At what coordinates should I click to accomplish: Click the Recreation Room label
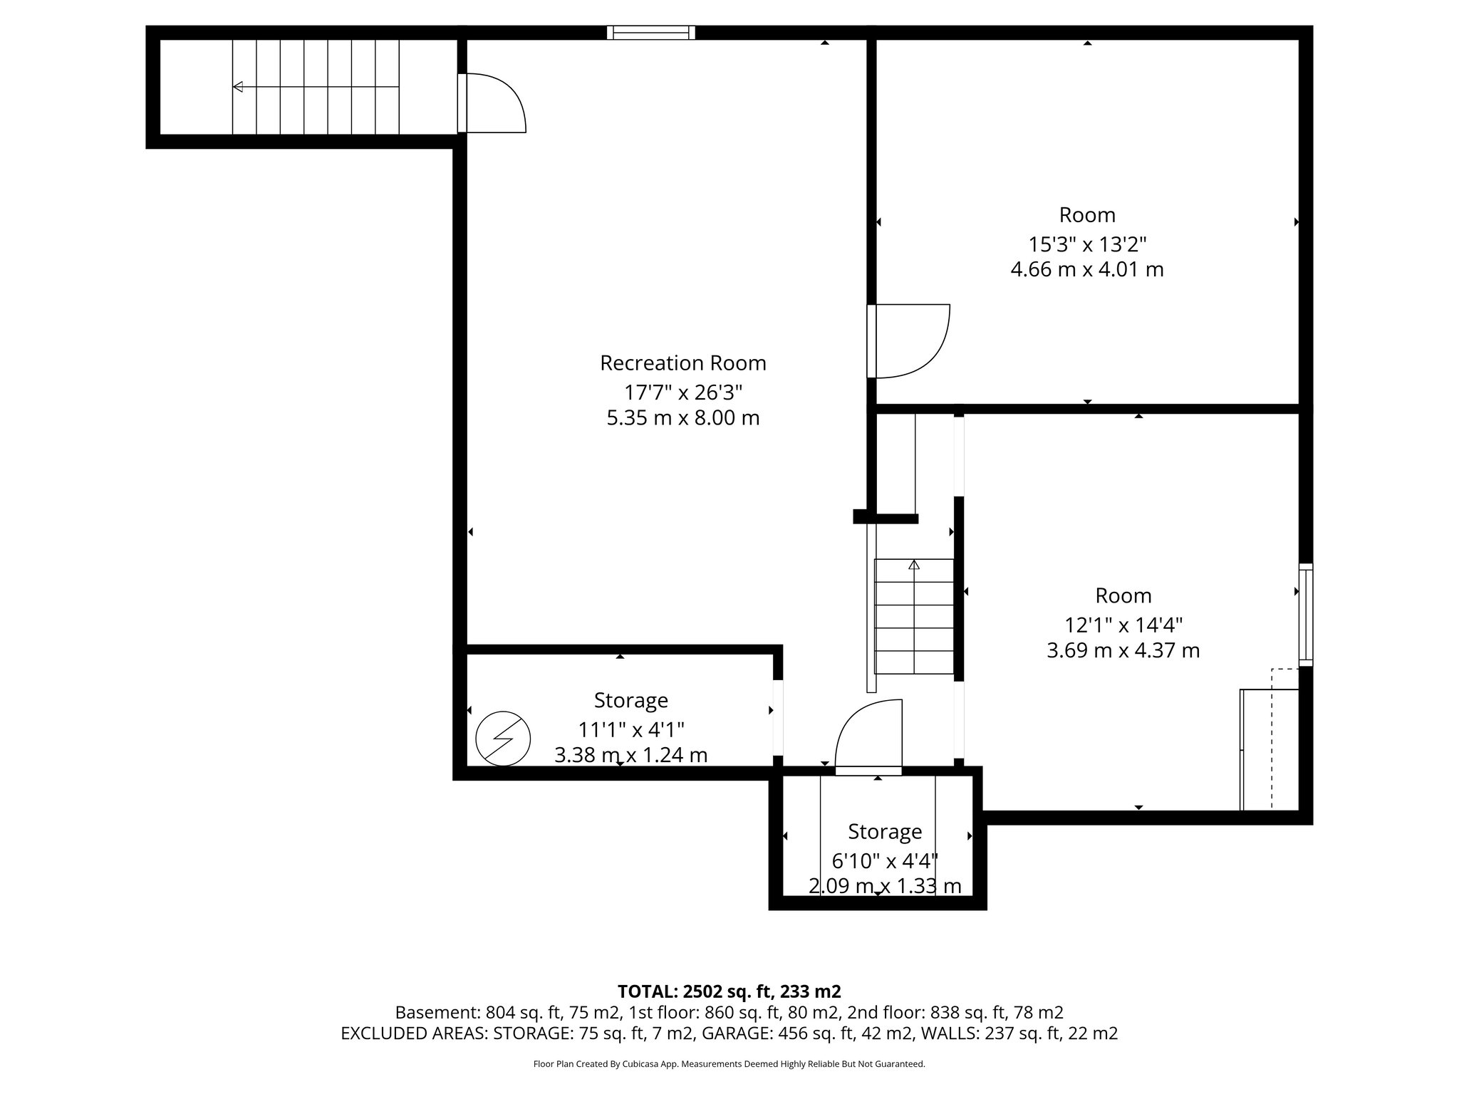pos(682,363)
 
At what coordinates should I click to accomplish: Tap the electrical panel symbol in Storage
pos(503,739)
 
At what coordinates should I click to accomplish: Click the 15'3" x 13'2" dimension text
pos(1086,244)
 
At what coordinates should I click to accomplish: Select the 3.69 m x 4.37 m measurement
pos(1123,651)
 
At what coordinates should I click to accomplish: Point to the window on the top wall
pos(650,32)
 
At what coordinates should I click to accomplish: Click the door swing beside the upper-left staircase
pos(495,103)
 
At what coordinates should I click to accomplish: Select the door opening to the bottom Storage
pos(868,737)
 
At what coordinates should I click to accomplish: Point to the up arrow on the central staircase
pos(914,566)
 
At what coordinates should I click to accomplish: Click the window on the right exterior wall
pos(1305,614)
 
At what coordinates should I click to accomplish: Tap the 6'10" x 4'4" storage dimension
pos(884,861)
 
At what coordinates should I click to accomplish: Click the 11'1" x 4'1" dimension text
pos(630,729)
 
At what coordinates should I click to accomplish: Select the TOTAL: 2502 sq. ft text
pos(729,991)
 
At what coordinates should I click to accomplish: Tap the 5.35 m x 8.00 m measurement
pos(682,418)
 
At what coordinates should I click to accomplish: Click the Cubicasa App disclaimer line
pos(729,1064)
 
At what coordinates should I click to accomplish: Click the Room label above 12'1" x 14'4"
pos(1123,595)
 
